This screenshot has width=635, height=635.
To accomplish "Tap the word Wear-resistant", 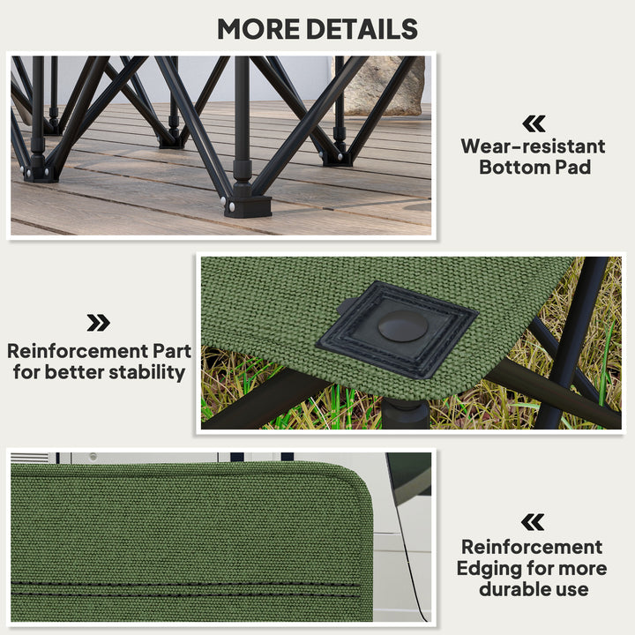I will click(533, 146).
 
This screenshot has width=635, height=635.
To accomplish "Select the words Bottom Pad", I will click(533, 167).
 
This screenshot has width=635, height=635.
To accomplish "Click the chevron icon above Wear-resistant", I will click(534, 123).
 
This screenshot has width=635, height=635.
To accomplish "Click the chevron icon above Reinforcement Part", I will click(98, 323).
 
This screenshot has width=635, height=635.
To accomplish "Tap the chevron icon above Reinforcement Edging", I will click(533, 522).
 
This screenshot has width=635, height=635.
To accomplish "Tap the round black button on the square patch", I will click(402, 325).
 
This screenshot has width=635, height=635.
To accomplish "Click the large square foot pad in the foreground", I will click(246, 205).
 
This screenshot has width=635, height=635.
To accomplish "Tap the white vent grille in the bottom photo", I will click(32, 458).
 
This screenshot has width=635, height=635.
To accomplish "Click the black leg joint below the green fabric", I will click(405, 408).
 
